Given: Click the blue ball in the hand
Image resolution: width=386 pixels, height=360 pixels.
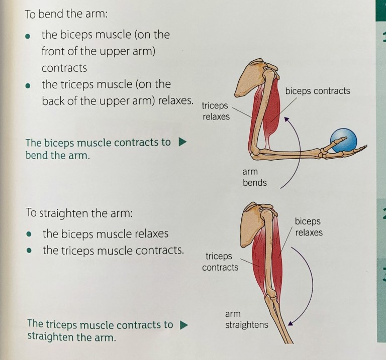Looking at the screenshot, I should click(x=343, y=140).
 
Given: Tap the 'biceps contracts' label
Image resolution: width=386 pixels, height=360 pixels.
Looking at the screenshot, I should click(x=317, y=91).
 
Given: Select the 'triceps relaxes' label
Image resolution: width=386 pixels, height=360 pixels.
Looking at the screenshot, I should click(x=215, y=111).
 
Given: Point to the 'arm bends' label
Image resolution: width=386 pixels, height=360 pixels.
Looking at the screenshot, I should click(x=254, y=177).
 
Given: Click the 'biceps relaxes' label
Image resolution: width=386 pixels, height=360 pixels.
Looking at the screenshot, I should click(x=308, y=227).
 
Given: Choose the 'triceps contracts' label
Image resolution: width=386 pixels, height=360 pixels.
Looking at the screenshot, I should click(x=220, y=262).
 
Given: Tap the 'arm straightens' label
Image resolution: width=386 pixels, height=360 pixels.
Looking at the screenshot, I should click(x=246, y=319).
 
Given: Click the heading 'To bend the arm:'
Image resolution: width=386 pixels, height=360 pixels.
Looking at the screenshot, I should click(x=65, y=14).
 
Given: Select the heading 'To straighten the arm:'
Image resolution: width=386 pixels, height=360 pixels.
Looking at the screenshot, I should click(x=79, y=212).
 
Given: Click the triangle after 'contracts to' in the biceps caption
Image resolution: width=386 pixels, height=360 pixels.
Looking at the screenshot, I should click(x=183, y=142).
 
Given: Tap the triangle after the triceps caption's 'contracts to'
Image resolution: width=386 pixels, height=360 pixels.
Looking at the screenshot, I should click(x=184, y=325).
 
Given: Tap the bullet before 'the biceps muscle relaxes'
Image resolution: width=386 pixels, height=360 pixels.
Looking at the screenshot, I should click(x=31, y=234).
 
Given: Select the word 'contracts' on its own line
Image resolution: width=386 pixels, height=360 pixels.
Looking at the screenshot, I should click(x=64, y=67).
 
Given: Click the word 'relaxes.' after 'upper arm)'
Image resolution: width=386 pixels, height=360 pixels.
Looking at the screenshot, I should click(x=175, y=99).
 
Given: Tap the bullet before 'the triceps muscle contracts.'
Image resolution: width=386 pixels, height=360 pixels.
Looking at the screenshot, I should click(x=31, y=251).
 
